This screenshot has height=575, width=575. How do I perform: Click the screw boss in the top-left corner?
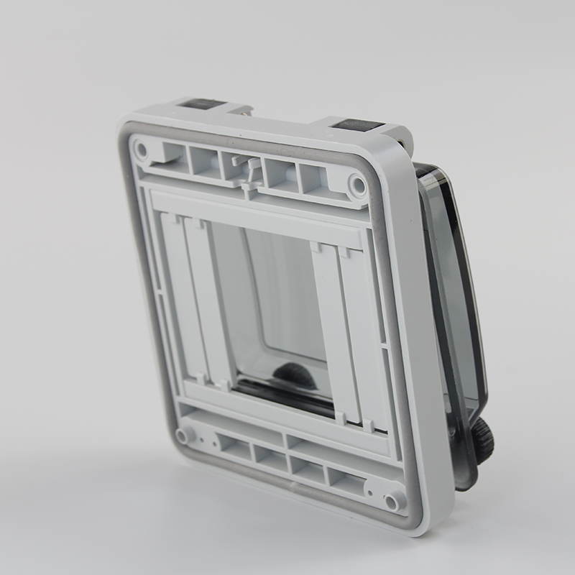pos(141,150)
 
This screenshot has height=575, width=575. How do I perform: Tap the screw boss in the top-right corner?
pos(357,186)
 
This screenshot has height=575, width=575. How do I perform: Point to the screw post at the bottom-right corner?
pos(392,501)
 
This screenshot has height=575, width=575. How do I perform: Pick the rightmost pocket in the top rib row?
pos(313,181)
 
